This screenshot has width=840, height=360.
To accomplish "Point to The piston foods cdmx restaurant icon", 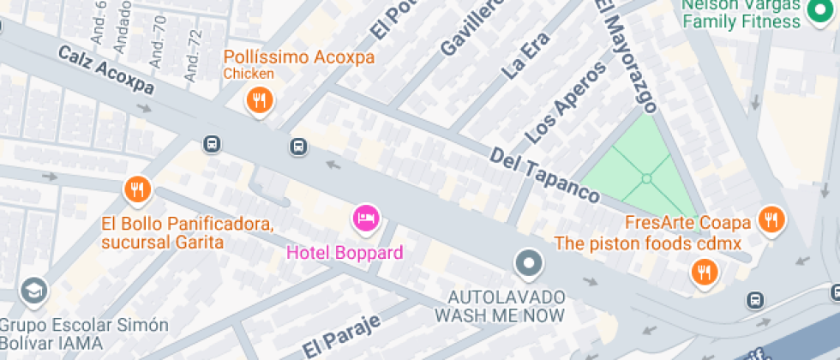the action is pos(705,273).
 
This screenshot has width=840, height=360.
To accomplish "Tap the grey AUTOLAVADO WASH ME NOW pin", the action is pos(530,262).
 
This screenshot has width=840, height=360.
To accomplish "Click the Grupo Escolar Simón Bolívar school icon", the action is pos(34,291).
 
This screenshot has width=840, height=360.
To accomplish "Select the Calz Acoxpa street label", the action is pos(106,70).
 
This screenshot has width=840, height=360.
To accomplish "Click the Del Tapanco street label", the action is pos(543,175).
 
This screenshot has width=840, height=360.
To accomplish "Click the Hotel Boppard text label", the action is pos(344,253).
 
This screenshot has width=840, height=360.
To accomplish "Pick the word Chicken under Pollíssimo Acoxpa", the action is pos(249,74).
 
